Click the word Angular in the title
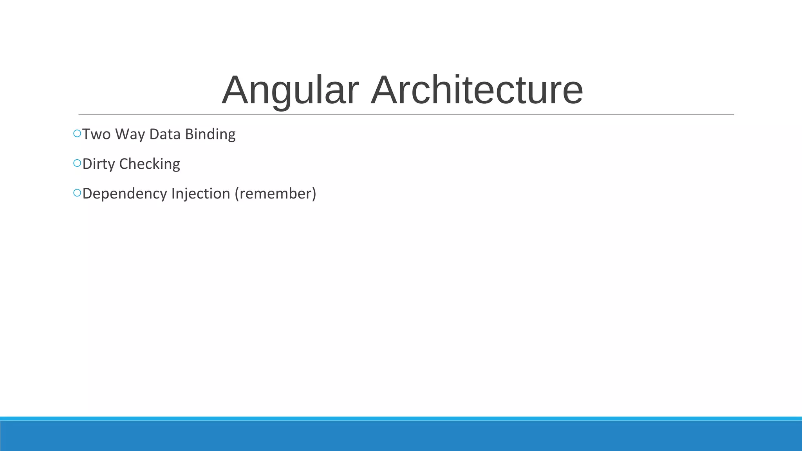coord(290,91)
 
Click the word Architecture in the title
coord(477,91)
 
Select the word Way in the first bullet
coord(130,134)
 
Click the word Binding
coord(210,134)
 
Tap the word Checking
coord(150,164)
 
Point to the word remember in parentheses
coord(275,194)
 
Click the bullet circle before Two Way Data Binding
coord(77,133)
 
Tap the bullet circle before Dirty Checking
coord(77,163)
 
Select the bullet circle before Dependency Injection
coord(77,193)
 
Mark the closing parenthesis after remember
coord(314,194)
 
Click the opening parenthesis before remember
coord(237,194)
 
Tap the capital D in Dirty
coord(87,164)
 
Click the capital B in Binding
coord(189,134)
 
